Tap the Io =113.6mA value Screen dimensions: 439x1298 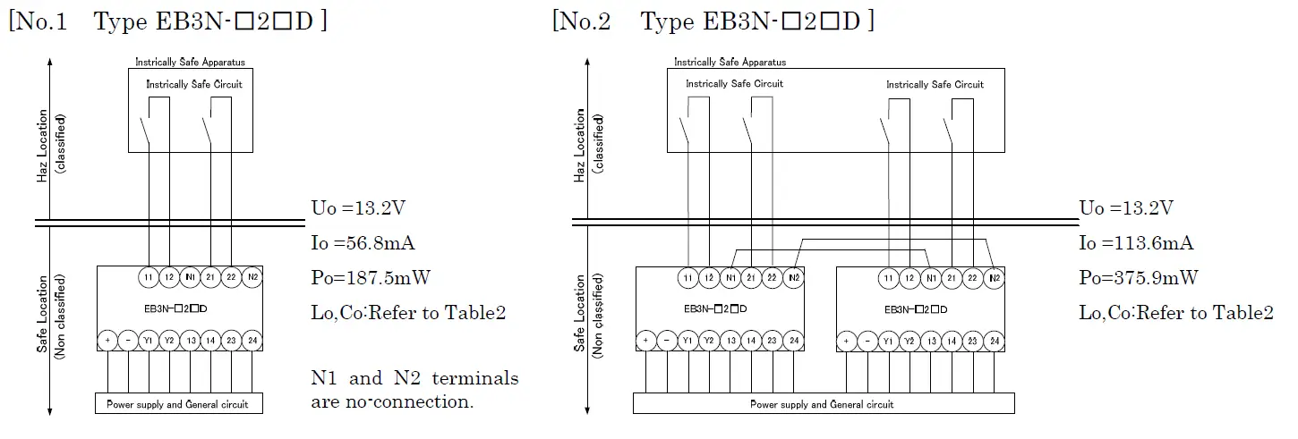pos(1136,243)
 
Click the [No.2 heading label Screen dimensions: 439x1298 pos(582,21)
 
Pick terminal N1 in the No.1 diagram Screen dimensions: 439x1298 pos(190,278)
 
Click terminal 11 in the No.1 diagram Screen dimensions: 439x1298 pos(149,278)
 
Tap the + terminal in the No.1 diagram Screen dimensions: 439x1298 pos(107,341)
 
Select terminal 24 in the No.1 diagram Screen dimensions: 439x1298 pos(252,341)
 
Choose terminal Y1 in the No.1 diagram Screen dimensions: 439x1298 pos(149,341)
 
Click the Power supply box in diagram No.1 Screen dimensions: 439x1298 pos(178,404)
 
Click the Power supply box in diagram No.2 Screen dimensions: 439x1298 pos(823,404)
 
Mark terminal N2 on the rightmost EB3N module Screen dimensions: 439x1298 pos(994,278)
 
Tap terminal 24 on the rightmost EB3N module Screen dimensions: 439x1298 pos(994,341)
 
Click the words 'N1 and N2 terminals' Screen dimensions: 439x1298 pos(414,378)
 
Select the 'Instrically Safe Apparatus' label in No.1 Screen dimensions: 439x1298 pos(190,63)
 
